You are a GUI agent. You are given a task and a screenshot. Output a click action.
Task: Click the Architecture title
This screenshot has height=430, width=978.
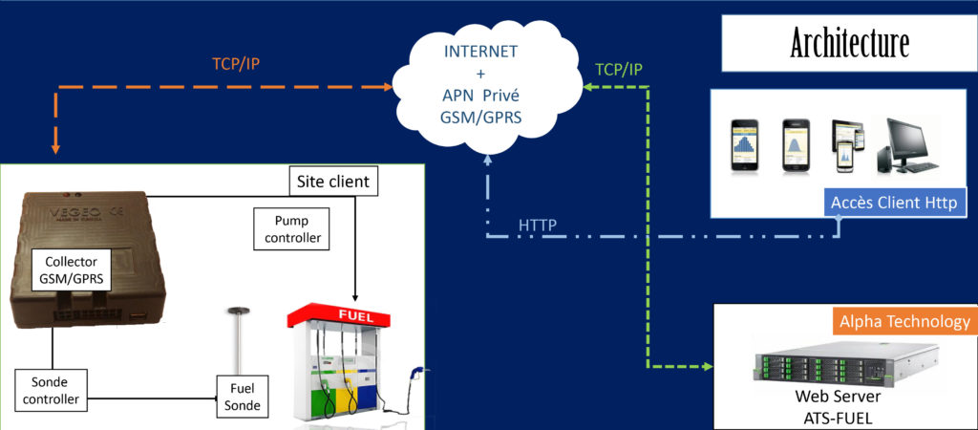pos(849,43)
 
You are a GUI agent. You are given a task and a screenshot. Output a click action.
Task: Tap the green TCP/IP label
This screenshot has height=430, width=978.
pos(619,69)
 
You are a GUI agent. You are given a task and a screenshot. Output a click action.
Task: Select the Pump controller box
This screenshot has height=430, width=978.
pos(291,226)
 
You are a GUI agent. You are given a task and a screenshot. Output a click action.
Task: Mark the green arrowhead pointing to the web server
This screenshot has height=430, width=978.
pos(709,366)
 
